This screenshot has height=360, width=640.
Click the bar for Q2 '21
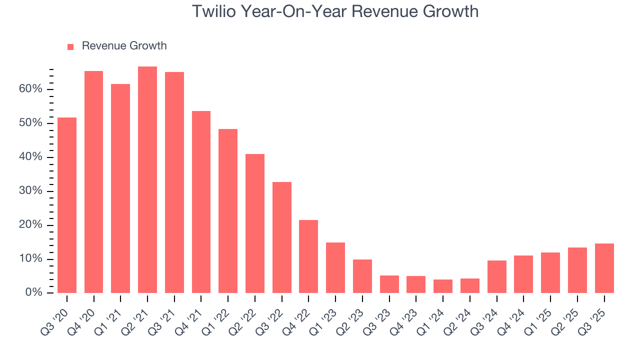(147, 179)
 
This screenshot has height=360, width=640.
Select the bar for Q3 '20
(67, 205)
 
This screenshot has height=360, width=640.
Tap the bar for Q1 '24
(443, 286)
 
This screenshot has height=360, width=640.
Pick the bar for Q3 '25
(604, 268)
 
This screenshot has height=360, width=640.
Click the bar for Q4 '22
(308, 256)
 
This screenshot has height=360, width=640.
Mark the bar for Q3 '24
(496, 276)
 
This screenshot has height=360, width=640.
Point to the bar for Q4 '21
(201, 201)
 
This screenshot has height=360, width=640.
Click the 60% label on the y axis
(31, 89)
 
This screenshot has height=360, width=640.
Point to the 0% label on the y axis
(34, 292)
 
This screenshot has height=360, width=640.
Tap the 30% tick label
(31, 191)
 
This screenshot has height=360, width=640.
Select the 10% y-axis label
(31, 259)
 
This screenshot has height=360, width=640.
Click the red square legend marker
(70, 46)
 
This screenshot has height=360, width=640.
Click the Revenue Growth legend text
(124, 46)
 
